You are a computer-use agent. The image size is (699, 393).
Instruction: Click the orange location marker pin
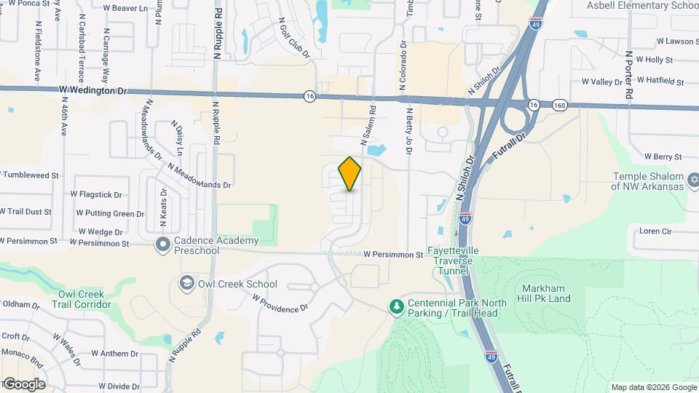(x=350, y=173)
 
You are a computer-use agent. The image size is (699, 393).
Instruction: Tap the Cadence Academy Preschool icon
(x=163, y=245)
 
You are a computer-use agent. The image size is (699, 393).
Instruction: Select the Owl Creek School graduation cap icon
(x=187, y=283)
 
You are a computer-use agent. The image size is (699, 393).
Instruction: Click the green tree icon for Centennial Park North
(x=396, y=307)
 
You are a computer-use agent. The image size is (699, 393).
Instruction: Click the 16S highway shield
(x=559, y=105)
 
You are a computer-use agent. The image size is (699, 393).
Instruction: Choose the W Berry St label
(x=662, y=156)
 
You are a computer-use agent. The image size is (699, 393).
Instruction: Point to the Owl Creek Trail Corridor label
(x=84, y=299)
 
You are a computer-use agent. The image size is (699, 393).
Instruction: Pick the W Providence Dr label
(x=280, y=303)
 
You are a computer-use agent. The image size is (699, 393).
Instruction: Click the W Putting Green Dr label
(x=110, y=214)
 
